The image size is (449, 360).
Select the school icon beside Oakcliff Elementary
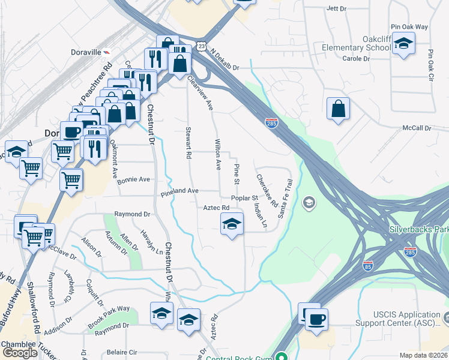tap(403, 44)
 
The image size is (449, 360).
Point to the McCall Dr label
tap(417, 128)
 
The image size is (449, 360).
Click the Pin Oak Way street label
tap(409, 27)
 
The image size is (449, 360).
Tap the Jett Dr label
tap(336, 9)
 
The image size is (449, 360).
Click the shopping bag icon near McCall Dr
tap(339, 109)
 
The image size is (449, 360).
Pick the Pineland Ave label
tap(179, 191)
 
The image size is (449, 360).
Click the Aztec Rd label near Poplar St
tap(217, 208)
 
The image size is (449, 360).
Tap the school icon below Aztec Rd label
tap(232, 224)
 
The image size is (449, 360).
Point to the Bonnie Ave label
tap(133, 179)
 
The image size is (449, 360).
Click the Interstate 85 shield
tap(368, 265)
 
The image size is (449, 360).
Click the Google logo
tap(20, 353)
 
